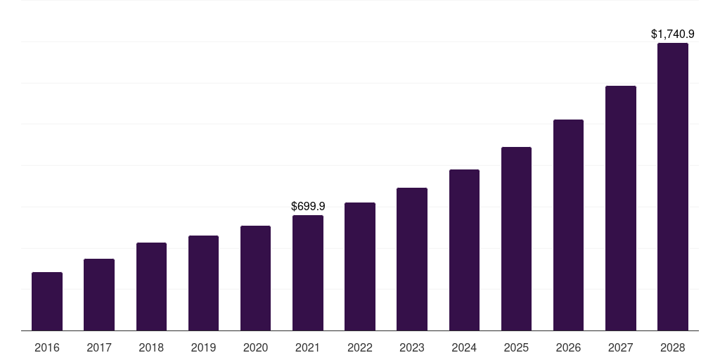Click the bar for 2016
47,301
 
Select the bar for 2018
151,286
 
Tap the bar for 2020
255,278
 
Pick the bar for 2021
308,273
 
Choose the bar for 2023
412,259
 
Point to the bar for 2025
516,238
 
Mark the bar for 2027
620,208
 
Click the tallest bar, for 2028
673,186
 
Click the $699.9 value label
308,206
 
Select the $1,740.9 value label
673,34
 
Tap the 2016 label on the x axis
47,347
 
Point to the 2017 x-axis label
99,347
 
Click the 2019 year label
203,347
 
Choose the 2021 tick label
308,347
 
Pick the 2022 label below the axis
360,347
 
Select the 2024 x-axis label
464,347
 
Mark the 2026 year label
568,347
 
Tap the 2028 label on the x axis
673,347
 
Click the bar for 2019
203,283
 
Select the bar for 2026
568,225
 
